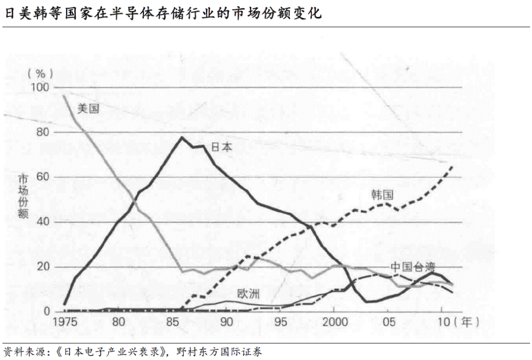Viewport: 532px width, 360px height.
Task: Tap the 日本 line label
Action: tap(222, 147)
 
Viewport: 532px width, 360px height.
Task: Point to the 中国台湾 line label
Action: tap(413, 267)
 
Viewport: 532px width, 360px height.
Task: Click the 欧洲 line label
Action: tap(248, 295)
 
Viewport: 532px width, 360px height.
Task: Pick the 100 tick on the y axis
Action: tap(41, 87)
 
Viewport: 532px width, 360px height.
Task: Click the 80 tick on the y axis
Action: tap(43, 132)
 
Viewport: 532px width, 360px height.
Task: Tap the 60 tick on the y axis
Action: tap(43, 177)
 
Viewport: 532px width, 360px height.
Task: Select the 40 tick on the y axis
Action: tap(43, 222)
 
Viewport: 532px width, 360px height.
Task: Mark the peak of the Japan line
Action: tap(181, 137)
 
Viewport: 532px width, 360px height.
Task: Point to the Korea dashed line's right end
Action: tap(453, 166)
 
